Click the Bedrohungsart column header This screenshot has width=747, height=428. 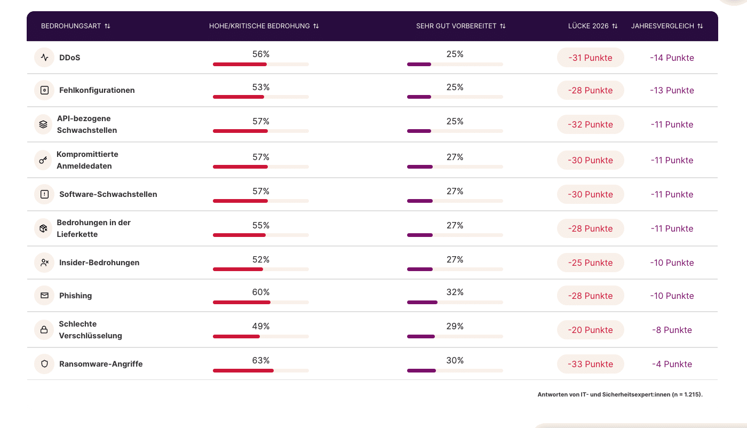click(71, 26)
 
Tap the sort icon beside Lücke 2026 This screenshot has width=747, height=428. click(615, 26)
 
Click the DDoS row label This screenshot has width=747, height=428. click(69, 58)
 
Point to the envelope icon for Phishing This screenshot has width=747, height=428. click(44, 296)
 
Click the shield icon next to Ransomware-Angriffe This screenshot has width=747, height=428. click(44, 364)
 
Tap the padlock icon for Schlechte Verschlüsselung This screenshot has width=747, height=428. click(44, 330)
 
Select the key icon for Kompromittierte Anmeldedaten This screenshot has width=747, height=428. click(44, 160)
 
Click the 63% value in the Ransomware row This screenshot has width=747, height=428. click(261, 360)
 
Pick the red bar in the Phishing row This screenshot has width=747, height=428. click(242, 302)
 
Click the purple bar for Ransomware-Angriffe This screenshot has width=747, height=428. click(422, 370)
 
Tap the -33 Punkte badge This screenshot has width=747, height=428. click(590, 364)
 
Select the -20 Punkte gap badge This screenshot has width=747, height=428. click(590, 330)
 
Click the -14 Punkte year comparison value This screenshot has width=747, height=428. click(672, 58)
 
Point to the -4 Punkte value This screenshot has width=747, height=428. click(672, 364)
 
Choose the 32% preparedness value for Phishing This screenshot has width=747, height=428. click(455, 292)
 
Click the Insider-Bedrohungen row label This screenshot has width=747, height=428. click(99, 263)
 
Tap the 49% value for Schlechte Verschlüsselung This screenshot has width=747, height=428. click(261, 326)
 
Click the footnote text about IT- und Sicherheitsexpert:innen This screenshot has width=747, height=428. click(620, 395)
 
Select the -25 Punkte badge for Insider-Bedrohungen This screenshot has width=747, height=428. click(590, 263)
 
